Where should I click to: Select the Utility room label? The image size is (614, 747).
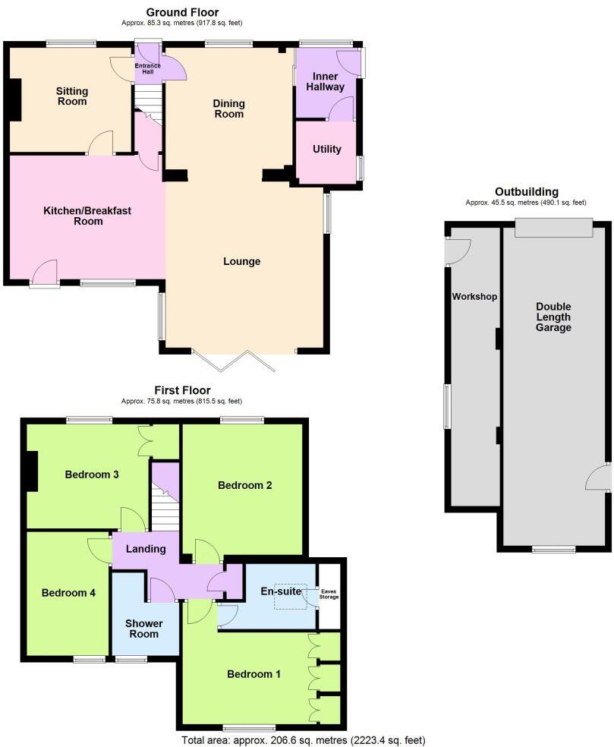click(x=326, y=150)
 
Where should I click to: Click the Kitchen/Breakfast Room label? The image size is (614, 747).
click(x=88, y=216)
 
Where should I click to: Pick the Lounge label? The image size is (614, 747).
click(x=242, y=262)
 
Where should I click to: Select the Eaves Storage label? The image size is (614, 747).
click(x=329, y=594)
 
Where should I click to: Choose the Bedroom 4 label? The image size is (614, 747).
click(x=68, y=593)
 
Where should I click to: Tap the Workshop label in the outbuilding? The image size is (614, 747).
click(x=474, y=296)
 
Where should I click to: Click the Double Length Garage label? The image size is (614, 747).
click(x=553, y=317)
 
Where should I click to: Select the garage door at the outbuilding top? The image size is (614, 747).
click(x=553, y=226)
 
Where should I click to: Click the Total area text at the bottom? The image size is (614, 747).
click(x=304, y=739)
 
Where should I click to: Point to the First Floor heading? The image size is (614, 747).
click(x=182, y=390)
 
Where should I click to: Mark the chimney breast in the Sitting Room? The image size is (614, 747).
click(x=14, y=99)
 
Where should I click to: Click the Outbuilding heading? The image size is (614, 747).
click(x=527, y=192)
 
